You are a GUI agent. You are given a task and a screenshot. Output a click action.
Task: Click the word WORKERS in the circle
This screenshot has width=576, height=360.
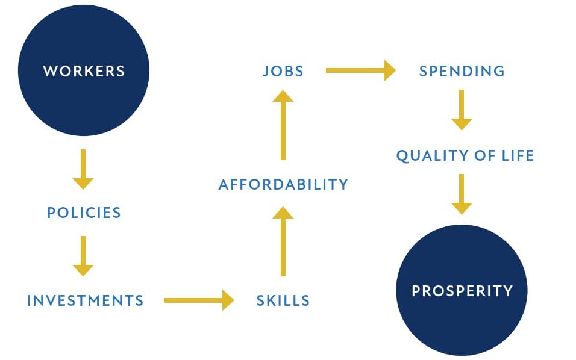pos(84,71)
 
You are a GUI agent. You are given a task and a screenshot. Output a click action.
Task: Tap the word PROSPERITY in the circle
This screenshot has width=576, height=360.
pos(462,291)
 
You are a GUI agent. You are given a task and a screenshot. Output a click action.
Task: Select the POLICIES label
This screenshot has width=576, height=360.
pos(84,213)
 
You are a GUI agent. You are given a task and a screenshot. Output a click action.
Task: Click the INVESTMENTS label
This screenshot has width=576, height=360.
pos(85,300)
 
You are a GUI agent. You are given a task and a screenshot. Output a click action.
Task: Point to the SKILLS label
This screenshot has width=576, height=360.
pos(283,300)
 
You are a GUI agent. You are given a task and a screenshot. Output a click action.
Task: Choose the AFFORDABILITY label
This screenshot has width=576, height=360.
pos(283,184)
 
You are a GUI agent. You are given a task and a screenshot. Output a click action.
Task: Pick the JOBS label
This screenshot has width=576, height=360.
pos(283,71)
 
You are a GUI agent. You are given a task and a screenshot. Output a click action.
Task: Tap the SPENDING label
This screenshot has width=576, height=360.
pos(462,71)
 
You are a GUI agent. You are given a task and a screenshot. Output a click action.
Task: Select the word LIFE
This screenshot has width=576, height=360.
pos(518,155)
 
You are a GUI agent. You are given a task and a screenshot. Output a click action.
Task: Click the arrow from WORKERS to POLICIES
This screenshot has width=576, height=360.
pos(83,169)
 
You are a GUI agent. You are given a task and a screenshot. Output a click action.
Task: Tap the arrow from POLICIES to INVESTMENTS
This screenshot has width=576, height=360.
pos(83,256)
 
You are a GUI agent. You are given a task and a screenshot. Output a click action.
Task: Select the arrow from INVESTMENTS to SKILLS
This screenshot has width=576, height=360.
pos(199,300)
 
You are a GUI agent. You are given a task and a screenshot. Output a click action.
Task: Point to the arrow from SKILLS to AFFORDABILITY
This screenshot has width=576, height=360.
pos(283,241)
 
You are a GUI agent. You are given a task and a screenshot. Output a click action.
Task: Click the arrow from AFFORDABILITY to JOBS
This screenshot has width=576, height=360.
pos(283,125)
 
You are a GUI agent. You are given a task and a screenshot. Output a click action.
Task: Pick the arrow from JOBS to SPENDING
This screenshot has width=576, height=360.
pos(361,70)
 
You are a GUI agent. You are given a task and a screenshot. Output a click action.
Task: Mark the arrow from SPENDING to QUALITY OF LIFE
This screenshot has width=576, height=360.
pos(462,110)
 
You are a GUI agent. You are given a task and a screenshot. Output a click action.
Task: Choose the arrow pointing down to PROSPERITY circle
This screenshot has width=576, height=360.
pos(462,194)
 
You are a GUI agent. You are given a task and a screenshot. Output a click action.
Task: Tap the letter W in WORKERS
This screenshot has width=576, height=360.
pos(49,71)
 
